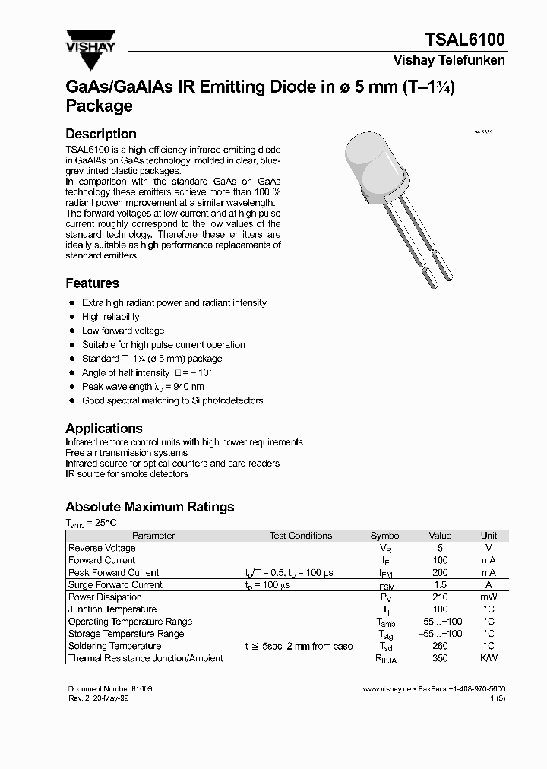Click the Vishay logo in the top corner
[x=90, y=38]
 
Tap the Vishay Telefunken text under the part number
[x=449, y=61]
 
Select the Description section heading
[x=101, y=134]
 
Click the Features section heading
[x=92, y=283]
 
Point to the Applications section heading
[x=103, y=429]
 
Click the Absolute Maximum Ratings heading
[x=150, y=507]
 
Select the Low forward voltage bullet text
[x=123, y=331]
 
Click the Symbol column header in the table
[x=385, y=536]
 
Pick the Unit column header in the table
[x=489, y=536]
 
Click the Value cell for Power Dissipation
[x=440, y=597]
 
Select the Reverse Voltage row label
[x=102, y=548]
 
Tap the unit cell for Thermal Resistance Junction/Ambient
[x=489, y=658]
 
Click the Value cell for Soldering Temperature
[x=440, y=646]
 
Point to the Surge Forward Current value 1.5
[x=440, y=585]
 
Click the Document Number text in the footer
[x=109, y=688]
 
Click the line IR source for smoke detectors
[x=126, y=474]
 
